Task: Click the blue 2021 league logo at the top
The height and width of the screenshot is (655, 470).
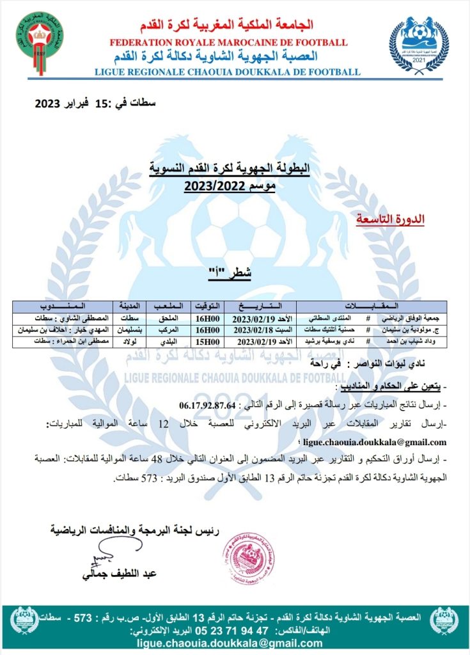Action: coord(419,45)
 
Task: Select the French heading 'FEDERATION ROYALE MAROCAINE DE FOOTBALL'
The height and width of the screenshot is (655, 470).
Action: coord(229,42)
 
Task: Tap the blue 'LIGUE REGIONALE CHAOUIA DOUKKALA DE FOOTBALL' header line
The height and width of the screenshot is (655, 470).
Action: coord(228,72)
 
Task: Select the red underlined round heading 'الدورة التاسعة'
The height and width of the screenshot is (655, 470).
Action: coord(389,219)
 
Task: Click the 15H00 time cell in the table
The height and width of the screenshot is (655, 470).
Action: coord(206,341)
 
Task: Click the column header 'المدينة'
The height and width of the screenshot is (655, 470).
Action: coord(127,305)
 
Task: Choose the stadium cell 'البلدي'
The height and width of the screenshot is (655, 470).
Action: coord(169,341)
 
